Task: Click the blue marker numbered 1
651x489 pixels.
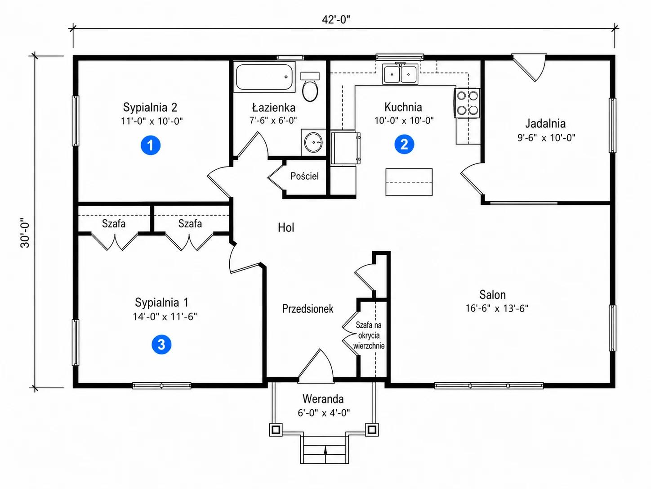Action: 150,145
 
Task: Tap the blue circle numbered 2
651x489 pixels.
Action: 404,144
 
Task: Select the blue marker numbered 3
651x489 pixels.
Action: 161,344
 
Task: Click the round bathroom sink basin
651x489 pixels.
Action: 313,143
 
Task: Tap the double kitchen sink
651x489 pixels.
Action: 400,74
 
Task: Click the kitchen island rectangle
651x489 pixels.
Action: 409,182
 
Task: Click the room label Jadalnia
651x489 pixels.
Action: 545,123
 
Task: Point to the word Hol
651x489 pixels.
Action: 286,227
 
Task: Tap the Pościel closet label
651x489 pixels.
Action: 304,176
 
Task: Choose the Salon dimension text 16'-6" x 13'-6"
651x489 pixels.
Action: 497,308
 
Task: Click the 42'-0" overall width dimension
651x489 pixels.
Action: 336,20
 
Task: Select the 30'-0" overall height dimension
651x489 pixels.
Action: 25,233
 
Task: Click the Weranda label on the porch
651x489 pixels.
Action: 323,399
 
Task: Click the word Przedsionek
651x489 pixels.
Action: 308,309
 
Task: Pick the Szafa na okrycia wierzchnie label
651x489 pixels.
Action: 369,335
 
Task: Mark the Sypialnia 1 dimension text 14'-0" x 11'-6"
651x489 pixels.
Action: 165,317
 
